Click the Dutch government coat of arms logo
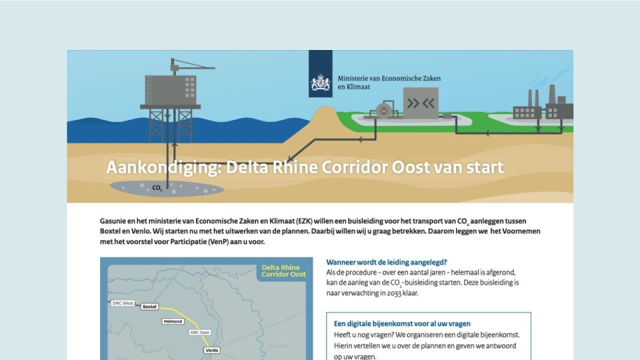click(x=321, y=83)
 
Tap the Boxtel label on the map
click(x=149, y=307)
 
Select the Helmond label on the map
click(x=173, y=321)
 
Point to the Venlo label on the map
click(x=212, y=350)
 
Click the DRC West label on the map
click(x=123, y=303)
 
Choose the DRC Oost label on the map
click(x=199, y=332)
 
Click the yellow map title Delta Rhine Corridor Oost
click(x=284, y=271)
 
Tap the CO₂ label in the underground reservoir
click(x=157, y=188)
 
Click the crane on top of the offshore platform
click(x=192, y=66)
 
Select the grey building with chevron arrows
click(x=421, y=103)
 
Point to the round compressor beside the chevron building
click(x=384, y=110)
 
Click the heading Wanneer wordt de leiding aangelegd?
click(x=387, y=262)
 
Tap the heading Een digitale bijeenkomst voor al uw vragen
click(x=402, y=324)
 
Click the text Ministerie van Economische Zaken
click(x=389, y=79)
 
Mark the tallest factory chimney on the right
click(x=552, y=95)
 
